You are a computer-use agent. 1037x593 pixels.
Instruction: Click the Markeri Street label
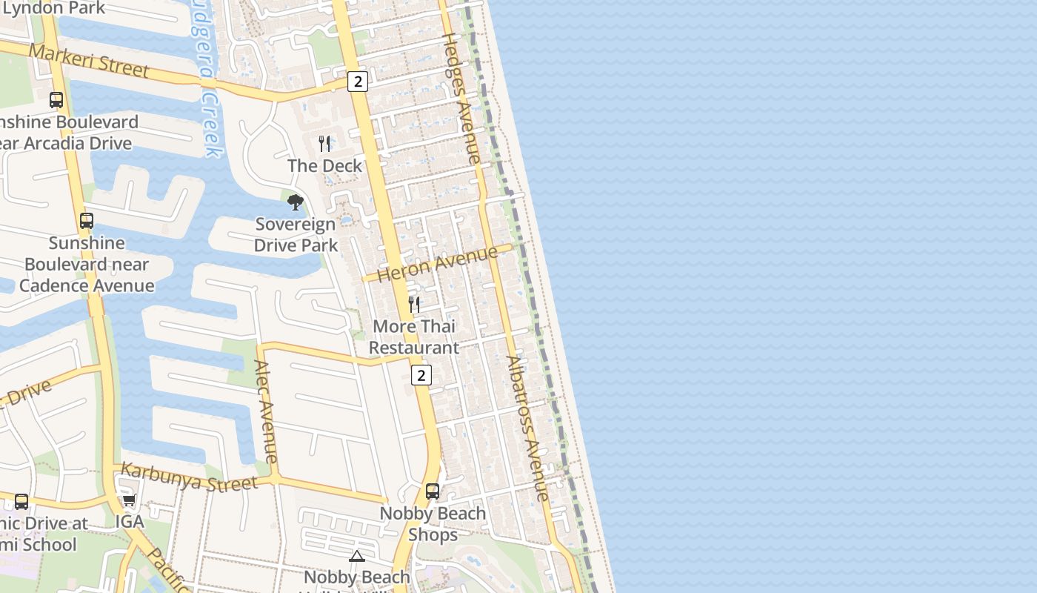tap(90, 61)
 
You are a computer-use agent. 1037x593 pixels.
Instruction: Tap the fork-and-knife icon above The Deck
tap(324, 143)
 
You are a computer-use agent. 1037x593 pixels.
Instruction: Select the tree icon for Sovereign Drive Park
tap(296, 202)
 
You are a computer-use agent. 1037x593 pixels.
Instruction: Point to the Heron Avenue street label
tap(437, 264)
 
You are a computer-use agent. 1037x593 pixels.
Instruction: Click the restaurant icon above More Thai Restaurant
tap(414, 304)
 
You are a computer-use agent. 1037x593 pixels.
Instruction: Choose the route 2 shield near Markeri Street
tap(357, 82)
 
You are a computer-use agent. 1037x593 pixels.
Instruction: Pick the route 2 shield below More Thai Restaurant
tap(421, 375)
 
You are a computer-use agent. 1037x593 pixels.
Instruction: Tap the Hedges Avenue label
tap(461, 98)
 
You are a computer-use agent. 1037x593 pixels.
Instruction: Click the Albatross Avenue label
tap(527, 428)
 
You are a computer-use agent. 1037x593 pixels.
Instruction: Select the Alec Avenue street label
tap(265, 411)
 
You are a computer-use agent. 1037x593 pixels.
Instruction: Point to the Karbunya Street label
tap(189, 477)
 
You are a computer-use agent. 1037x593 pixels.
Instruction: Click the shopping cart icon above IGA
tap(129, 500)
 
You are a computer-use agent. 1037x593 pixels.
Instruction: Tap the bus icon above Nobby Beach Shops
tap(433, 491)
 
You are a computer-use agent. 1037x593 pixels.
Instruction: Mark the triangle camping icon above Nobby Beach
tap(357, 556)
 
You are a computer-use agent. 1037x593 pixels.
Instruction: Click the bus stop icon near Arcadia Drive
tap(56, 99)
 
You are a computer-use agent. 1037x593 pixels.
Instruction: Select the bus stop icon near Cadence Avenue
tap(87, 220)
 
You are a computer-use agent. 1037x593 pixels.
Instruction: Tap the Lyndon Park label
tap(53, 8)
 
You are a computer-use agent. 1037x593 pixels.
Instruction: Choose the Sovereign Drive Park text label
tap(296, 234)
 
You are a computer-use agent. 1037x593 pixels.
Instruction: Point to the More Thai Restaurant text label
tap(414, 337)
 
